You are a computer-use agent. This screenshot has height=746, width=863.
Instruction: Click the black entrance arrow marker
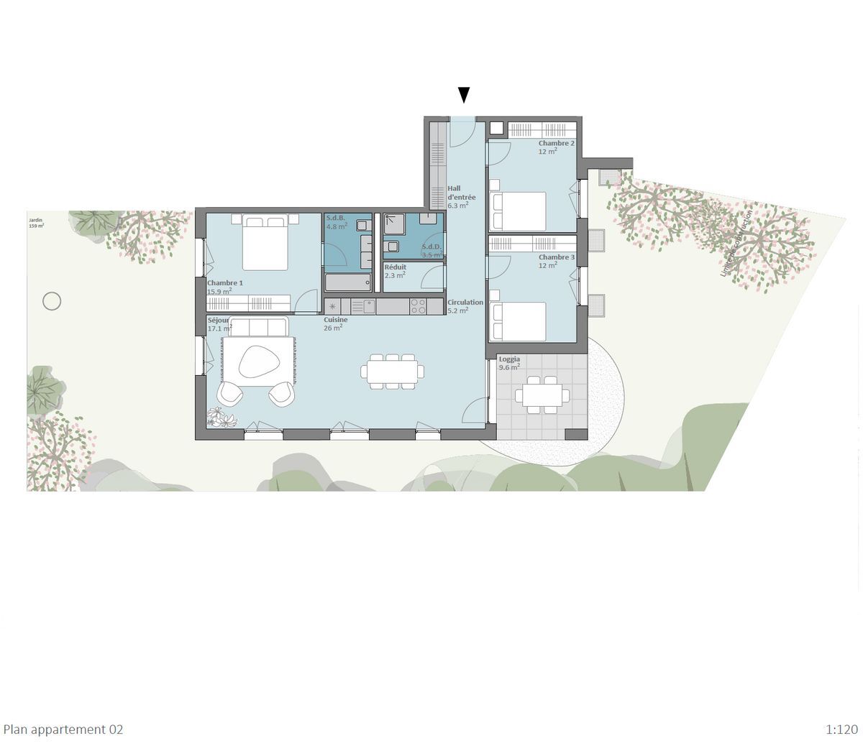click(x=464, y=95)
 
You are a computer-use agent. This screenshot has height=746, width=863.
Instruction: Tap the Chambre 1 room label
click(x=225, y=283)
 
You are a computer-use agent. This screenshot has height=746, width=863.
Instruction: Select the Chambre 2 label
click(x=556, y=144)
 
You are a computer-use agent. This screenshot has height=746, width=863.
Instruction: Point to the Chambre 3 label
click(x=556, y=257)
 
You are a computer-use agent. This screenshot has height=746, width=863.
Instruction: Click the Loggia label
click(x=509, y=359)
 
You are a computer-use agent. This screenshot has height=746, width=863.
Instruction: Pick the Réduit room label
click(x=395, y=267)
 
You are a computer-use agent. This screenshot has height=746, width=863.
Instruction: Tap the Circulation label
click(x=465, y=303)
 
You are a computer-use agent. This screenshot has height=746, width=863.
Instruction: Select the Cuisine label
click(x=335, y=321)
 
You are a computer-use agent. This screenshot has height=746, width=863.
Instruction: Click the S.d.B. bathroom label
click(x=336, y=218)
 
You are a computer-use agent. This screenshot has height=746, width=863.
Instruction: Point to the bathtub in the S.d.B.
click(x=347, y=282)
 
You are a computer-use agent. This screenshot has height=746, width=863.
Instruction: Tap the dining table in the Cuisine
click(x=392, y=371)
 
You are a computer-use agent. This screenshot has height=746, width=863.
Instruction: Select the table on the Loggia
click(x=542, y=395)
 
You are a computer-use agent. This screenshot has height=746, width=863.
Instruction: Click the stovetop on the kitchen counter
click(x=417, y=306)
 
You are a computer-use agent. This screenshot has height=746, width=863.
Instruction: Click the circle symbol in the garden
click(x=52, y=301)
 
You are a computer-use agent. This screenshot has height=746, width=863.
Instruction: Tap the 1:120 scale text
click(x=842, y=729)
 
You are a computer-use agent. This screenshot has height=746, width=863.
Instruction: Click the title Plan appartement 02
click(x=63, y=729)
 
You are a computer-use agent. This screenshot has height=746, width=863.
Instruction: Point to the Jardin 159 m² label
click(x=36, y=224)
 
